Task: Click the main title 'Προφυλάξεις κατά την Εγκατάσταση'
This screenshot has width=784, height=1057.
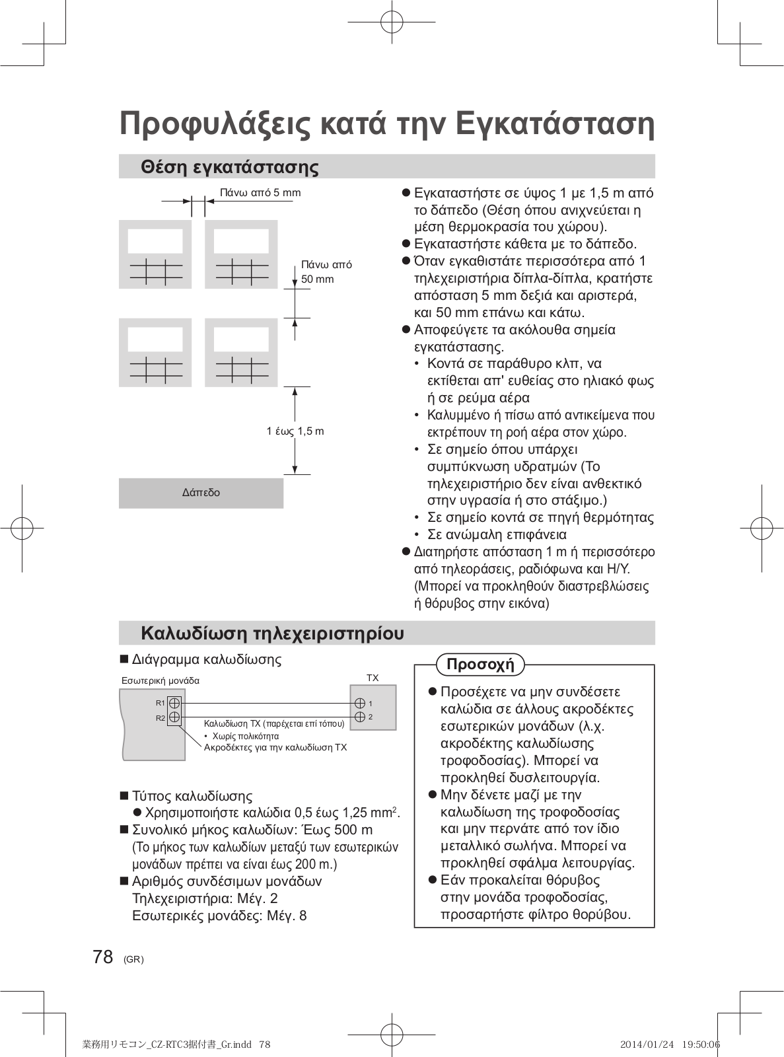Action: [387, 124]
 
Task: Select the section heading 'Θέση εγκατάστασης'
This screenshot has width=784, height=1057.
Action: [229, 167]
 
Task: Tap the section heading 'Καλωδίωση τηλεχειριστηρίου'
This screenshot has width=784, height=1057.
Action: [272, 634]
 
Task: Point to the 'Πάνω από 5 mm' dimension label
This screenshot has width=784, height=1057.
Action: [260, 193]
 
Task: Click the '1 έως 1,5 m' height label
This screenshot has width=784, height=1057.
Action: [295, 431]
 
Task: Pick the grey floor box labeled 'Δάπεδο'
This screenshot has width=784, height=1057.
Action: [201, 493]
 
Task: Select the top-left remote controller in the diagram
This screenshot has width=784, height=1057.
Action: [155, 254]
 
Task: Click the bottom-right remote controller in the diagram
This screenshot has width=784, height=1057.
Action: [241, 352]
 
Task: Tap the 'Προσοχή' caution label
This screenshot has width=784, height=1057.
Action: [480, 665]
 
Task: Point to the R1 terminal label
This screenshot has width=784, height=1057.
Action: [160, 703]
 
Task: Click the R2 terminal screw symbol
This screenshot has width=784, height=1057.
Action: [174, 717]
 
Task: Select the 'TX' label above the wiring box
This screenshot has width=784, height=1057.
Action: [373, 678]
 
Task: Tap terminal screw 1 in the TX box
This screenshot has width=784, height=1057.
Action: [360, 704]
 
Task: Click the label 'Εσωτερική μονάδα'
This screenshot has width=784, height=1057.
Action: [160, 680]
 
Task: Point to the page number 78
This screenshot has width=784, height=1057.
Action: [103, 957]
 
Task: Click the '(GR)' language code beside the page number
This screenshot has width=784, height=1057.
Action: [133, 959]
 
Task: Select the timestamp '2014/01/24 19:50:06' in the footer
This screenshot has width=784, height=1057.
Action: [670, 1044]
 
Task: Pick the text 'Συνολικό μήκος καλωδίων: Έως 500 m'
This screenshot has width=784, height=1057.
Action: [252, 830]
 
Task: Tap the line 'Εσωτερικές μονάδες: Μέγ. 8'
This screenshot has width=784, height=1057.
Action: [219, 916]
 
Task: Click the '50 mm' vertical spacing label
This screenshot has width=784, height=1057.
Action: [318, 279]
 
